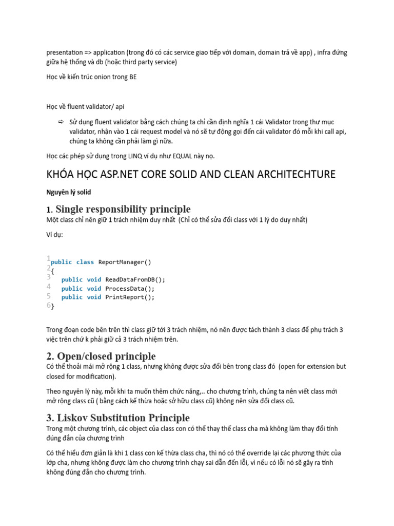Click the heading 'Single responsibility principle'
[123, 209]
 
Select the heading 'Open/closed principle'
[101, 356]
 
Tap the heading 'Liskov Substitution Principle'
[117, 418]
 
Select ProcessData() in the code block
[130, 288]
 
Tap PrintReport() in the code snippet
[130, 297]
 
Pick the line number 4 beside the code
[49, 287]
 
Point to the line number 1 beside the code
[48, 258]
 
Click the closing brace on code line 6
[52, 306]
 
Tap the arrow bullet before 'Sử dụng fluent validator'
[60, 122]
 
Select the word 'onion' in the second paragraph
[103, 77]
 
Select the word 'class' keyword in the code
[85, 262]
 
